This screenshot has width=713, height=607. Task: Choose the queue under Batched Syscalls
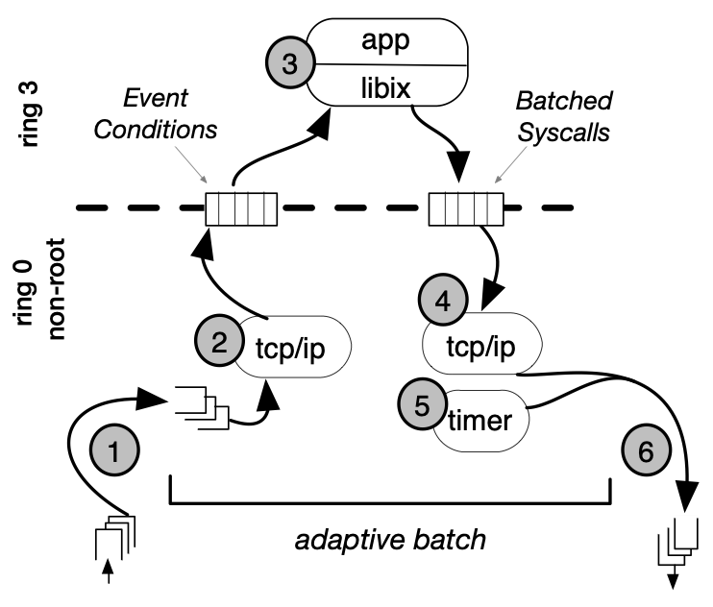(x=466, y=208)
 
